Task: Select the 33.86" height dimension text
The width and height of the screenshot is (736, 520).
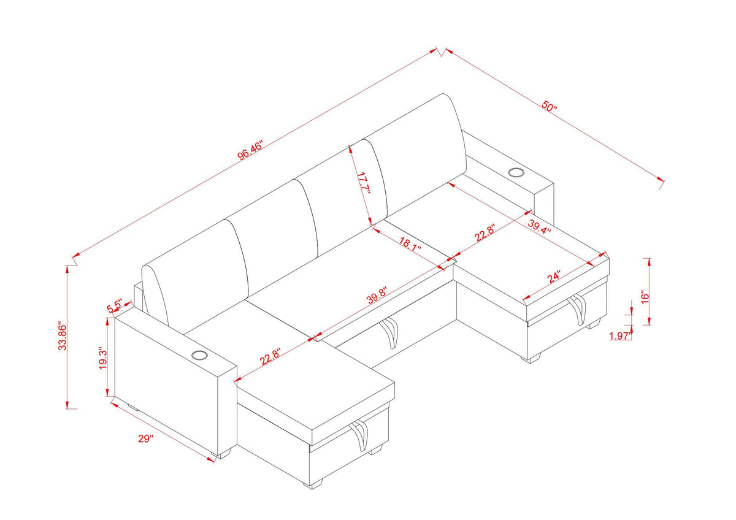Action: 61,336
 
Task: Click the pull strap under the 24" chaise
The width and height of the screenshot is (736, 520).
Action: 577,310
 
